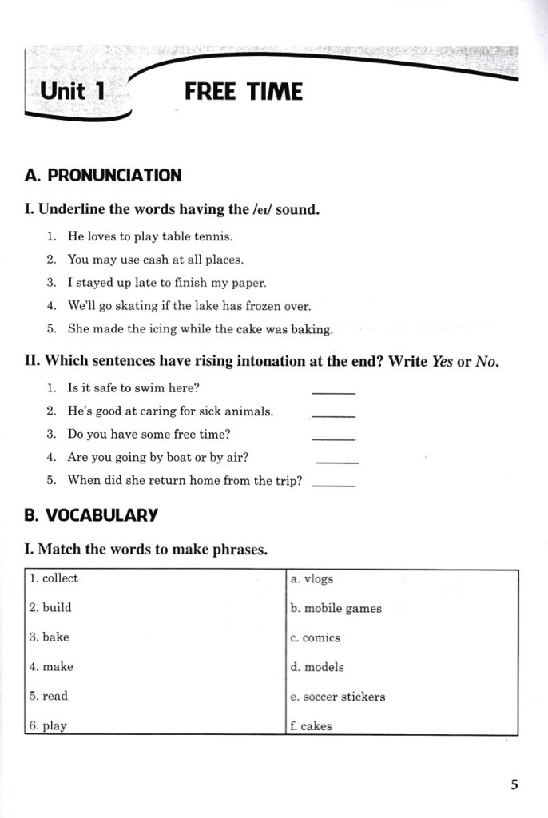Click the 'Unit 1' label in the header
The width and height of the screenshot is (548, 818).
tap(73, 91)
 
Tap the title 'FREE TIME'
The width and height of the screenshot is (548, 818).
tap(244, 92)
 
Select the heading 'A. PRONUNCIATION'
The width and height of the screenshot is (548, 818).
tap(103, 176)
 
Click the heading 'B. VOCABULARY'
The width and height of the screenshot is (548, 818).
tap(91, 515)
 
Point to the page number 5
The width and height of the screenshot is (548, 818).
tap(514, 784)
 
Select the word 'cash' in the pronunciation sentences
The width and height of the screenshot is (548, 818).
tap(157, 260)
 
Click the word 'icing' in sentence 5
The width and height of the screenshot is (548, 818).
tap(181, 329)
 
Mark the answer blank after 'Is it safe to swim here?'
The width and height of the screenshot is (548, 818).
tap(333, 391)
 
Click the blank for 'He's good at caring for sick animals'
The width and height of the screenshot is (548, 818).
tap(333, 415)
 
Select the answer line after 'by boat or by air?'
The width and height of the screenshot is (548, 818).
tap(337, 462)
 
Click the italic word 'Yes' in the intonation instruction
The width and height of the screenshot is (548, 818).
tap(443, 361)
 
